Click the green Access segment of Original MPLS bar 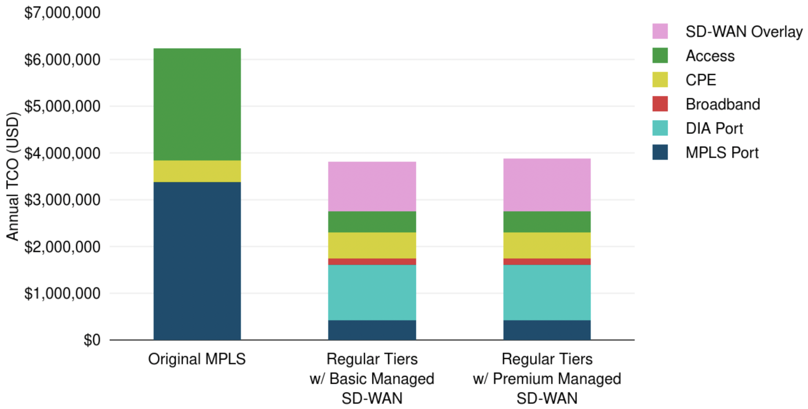pyautogui.click(x=197, y=104)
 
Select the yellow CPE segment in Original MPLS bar pyautogui.click(x=197, y=171)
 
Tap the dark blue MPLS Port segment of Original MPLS pyautogui.click(x=197, y=261)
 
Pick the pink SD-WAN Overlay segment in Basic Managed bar pyautogui.click(x=372, y=186)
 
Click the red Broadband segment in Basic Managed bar pyautogui.click(x=372, y=262)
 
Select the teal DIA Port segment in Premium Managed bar pyautogui.click(x=547, y=292)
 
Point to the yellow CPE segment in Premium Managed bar pyautogui.click(x=547, y=245)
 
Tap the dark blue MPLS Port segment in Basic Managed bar pyautogui.click(x=372, y=330)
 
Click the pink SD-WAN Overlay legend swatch pyautogui.click(x=660, y=31)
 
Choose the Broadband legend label pyautogui.click(x=723, y=104)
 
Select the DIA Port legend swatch pyautogui.click(x=660, y=128)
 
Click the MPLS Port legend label pyautogui.click(x=722, y=152)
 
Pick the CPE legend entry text pyautogui.click(x=701, y=80)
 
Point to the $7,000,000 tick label pyautogui.click(x=62, y=13)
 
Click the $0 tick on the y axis pyautogui.click(x=92, y=340)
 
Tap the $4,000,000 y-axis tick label pyautogui.click(x=62, y=153)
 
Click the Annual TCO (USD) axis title pyautogui.click(x=12, y=176)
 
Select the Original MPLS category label pyautogui.click(x=197, y=359)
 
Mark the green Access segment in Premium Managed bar pyautogui.click(x=547, y=222)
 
